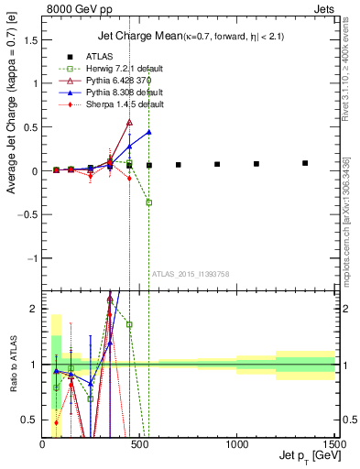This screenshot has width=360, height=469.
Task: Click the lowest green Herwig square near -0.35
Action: pyautogui.click(x=148, y=202)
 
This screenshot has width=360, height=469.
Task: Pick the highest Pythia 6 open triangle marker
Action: pyautogui.click(x=129, y=122)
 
